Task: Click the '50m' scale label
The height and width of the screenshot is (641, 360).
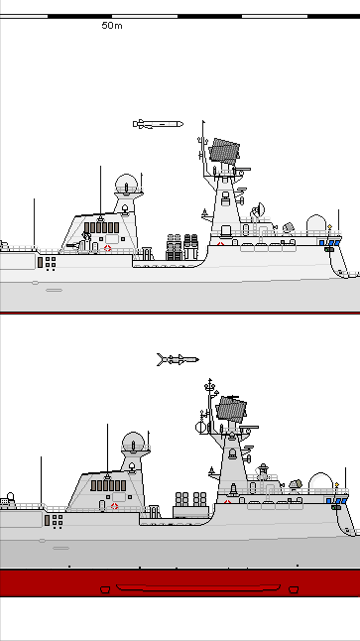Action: click(112, 26)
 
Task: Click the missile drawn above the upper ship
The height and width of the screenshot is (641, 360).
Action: click(158, 124)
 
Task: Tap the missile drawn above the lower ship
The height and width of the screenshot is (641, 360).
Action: click(178, 359)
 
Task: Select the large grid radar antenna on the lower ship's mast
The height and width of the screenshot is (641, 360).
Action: click(231, 408)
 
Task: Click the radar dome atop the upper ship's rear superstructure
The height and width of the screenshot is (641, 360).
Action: click(126, 184)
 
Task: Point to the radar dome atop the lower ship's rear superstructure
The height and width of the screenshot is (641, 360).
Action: click(133, 442)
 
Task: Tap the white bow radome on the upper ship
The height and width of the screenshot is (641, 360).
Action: click(316, 224)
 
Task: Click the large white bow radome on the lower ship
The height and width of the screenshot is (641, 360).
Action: click(319, 482)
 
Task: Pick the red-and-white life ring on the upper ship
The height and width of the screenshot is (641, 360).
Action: click(108, 248)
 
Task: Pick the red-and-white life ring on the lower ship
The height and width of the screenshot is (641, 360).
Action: click(114, 507)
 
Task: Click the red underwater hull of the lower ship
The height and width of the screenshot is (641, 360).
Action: click(179, 582)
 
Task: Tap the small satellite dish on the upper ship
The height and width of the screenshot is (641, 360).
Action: click(260, 209)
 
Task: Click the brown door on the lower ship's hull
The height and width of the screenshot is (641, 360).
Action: click(47, 520)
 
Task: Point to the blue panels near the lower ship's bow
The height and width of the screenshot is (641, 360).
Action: click(335, 501)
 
